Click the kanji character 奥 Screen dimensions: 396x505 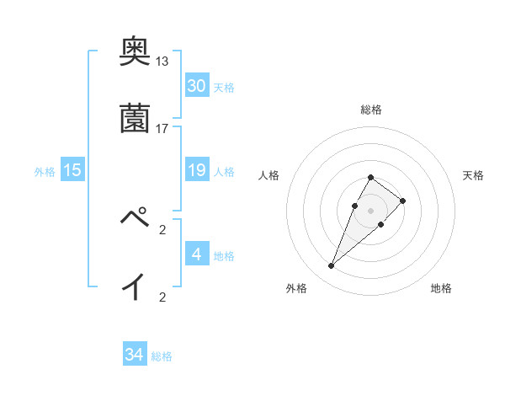point(134,53)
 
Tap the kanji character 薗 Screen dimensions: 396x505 point(134,119)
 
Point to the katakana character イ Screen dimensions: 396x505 point(134,287)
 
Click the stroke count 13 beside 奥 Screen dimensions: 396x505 point(162,62)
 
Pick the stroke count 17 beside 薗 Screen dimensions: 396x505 point(162,128)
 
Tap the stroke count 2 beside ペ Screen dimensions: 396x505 point(162,228)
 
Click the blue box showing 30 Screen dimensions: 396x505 point(197,86)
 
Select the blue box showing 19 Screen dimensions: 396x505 point(197,171)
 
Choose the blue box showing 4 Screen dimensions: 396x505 point(197,254)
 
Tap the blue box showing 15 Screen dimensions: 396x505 point(72,171)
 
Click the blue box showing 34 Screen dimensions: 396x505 point(134,355)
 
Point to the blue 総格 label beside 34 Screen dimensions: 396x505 point(162,356)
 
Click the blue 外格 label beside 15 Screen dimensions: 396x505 point(45,172)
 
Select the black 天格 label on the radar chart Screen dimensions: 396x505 point(474,175)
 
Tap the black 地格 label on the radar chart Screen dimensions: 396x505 point(441,289)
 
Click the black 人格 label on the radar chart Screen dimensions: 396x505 point(268,175)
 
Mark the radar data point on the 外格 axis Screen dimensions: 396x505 point(332,266)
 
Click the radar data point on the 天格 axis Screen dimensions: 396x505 point(403,201)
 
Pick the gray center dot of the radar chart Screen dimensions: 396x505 point(370,210)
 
